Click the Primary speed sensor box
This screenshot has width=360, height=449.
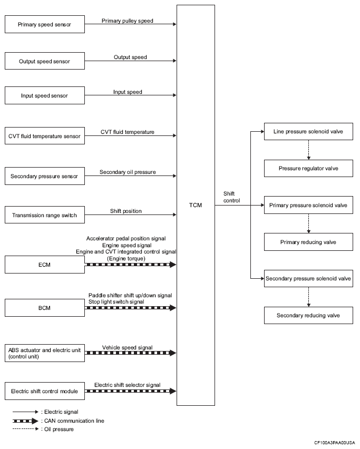[45, 24]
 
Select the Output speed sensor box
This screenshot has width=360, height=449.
[45, 61]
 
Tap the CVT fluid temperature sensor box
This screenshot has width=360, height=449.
[45, 136]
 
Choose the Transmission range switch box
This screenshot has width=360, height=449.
[45, 215]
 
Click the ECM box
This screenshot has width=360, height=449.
[45, 265]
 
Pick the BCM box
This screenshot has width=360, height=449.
[45, 308]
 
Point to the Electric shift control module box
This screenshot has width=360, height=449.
[45, 391]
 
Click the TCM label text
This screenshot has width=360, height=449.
[196, 205]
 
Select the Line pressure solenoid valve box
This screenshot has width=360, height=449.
[308, 131]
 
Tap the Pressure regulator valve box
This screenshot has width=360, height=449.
[308, 169]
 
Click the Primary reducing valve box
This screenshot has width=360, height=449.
[308, 242]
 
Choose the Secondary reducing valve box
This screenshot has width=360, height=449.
[308, 315]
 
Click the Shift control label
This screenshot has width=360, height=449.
[232, 197]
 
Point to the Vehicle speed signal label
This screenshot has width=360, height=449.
[128, 347]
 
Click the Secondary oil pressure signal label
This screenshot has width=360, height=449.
[128, 172]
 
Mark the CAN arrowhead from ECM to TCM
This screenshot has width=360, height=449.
[173, 265]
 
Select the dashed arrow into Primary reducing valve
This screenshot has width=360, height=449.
[308, 223]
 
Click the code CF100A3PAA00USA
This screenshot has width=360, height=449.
[335, 443]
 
